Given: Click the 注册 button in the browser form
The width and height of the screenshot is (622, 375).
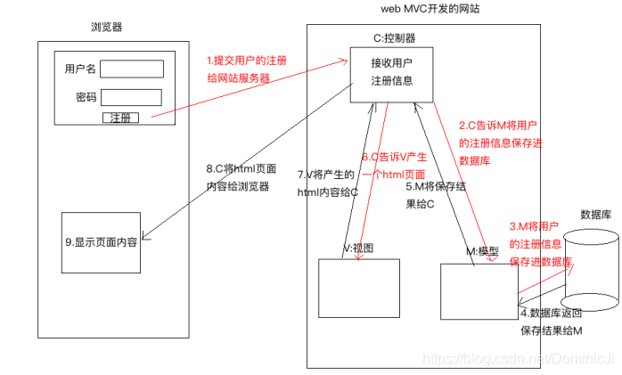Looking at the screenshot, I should pyautogui.click(x=120, y=118).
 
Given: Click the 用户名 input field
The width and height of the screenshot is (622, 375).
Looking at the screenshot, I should pyautogui.click(x=135, y=69).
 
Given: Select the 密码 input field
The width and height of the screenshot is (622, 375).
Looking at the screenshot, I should pyautogui.click(x=135, y=97).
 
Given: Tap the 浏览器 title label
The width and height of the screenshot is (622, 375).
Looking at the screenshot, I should pyautogui.click(x=108, y=28).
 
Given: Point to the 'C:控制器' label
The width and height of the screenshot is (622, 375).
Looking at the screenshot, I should pyautogui.click(x=394, y=38).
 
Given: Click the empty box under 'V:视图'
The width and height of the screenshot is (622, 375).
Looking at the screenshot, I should pyautogui.click(x=356, y=289).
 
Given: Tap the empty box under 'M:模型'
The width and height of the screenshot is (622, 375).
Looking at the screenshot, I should pyautogui.click(x=479, y=290).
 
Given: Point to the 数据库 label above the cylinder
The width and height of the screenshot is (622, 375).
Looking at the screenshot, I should pyautogui.click(x=594, y=214).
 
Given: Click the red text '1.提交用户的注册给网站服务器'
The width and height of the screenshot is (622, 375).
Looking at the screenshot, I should pyautogui.click(x=247, y=69).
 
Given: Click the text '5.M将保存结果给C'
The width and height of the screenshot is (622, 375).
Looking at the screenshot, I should pyautogui.click(x=434, y=195).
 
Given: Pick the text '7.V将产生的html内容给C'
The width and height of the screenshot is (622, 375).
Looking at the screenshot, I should pyautogui.click(x=327, y=183).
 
